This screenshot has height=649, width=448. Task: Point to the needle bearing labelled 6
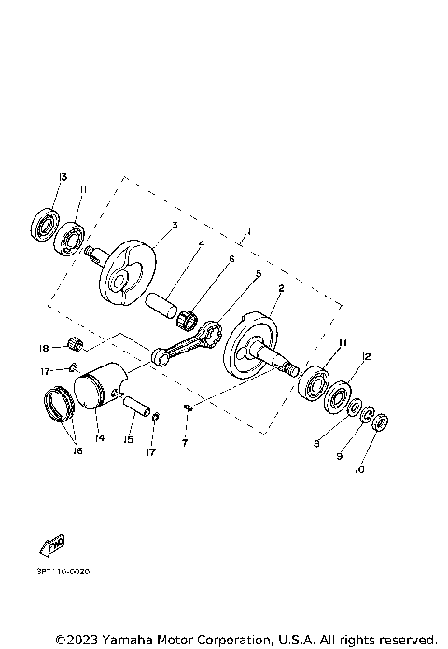coord(190,317)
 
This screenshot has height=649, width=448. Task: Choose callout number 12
coord(367,357)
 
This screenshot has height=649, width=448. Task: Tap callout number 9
coord(341,457)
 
